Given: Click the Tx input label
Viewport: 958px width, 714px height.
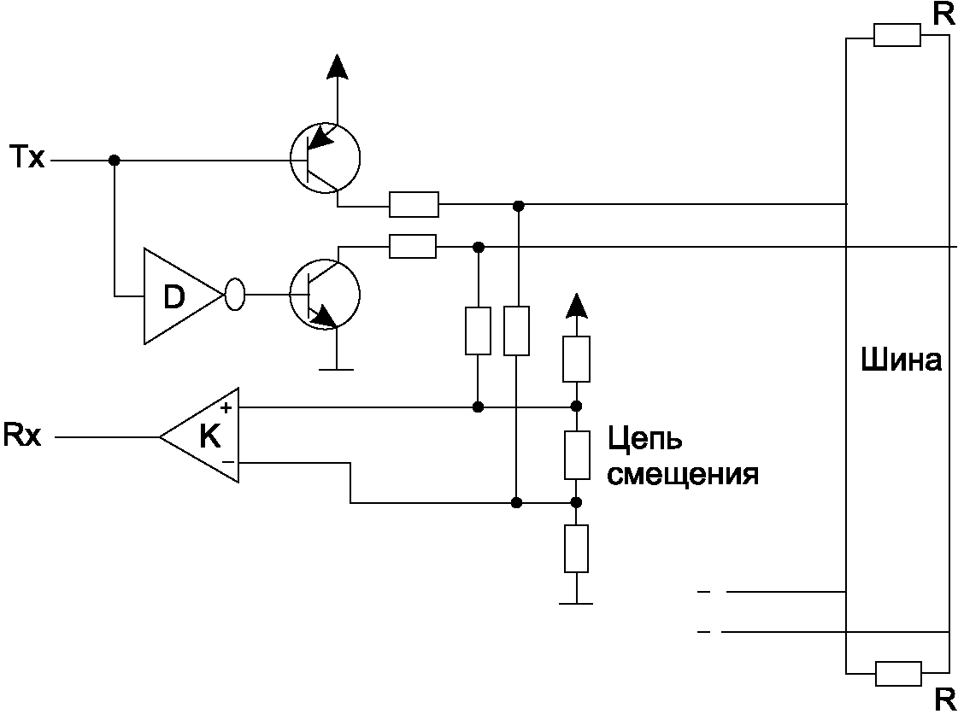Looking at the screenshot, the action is pos(27,158).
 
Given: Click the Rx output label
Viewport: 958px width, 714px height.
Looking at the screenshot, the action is pos(22,435).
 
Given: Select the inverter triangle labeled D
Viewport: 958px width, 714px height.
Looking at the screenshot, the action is pos(184,296).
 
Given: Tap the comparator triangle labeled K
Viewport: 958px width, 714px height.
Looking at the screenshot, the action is pos(199,436).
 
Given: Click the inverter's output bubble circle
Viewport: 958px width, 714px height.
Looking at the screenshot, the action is pos(235,295).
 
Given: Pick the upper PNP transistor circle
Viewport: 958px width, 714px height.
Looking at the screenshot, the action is pos(325,158).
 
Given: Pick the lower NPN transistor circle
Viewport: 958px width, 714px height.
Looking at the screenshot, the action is pos(325,295).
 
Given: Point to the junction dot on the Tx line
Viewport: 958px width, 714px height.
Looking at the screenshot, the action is pos(114,160).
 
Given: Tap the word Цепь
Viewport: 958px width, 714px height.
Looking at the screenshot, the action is pos(644,439).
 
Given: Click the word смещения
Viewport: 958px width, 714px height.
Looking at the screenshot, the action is pos(683,474).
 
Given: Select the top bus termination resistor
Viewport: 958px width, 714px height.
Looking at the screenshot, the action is pos(897,35).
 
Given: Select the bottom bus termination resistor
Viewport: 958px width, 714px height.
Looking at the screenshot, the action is pos(898,673).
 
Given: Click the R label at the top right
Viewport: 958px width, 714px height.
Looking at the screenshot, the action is pos(943,15).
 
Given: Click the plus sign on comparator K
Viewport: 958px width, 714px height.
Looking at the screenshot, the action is pos(226,407).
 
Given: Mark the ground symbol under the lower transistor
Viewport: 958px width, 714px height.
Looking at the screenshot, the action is pos(336,369).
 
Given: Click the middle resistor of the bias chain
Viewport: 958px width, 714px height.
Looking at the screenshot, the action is pos(577,454).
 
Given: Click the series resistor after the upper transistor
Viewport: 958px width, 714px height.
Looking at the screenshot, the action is pos(414,204).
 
